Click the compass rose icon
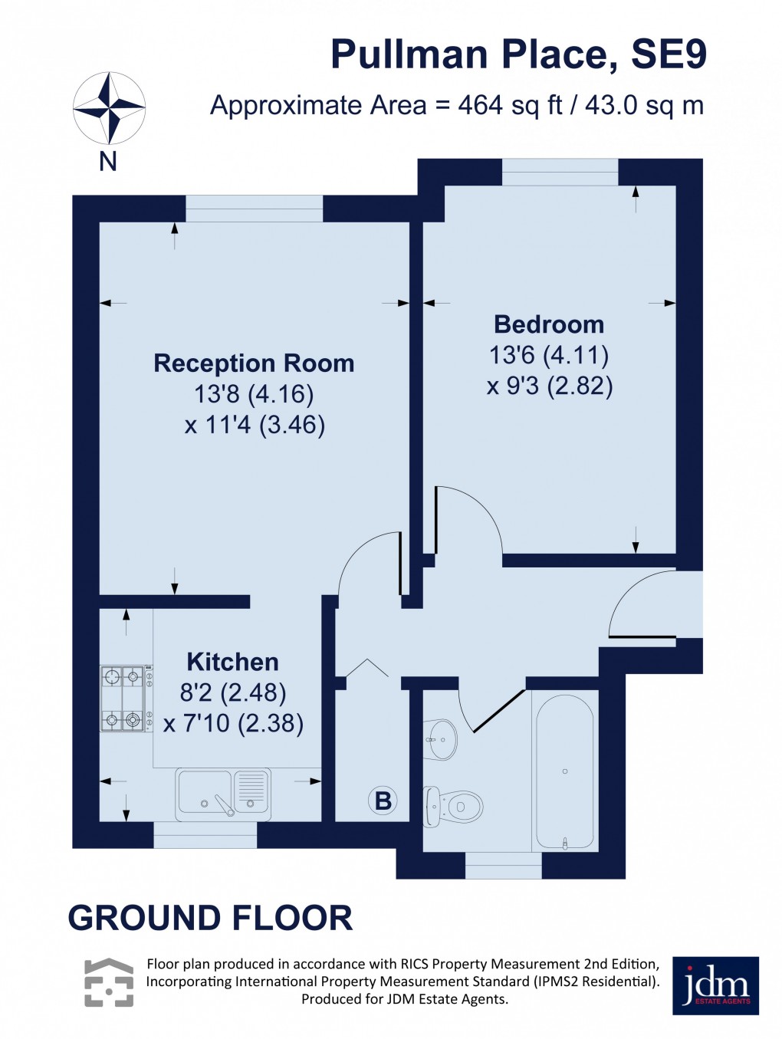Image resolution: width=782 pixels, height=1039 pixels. tap(109, 108)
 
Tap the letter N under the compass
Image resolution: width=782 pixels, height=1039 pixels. tap(108, 162)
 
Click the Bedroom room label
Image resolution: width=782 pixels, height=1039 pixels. tap(549, 324)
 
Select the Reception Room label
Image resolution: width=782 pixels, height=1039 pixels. tap(254, 363)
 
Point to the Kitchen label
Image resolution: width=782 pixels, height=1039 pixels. tap(232, 662)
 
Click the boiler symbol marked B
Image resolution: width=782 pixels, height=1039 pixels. tap(383, 801)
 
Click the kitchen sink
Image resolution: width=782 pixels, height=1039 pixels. tap(223, 793)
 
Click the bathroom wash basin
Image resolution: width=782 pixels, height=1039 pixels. tap(442, 740)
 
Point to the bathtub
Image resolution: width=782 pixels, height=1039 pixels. tap(564, 771)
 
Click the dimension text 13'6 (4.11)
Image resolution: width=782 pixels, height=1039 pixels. tap(549, 355)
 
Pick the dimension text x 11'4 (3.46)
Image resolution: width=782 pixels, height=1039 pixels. tap(255, 425)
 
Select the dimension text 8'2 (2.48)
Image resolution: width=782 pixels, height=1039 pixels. tap(233, 692)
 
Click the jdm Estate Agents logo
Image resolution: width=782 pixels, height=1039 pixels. tap(715, 985)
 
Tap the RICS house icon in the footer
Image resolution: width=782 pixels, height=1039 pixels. tap(109, 982)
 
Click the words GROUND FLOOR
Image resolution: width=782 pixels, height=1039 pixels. tap(210, 918)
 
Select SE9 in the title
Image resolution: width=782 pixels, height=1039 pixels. tap(668, 55)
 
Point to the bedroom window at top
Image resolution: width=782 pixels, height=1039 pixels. tap(560, 173)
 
